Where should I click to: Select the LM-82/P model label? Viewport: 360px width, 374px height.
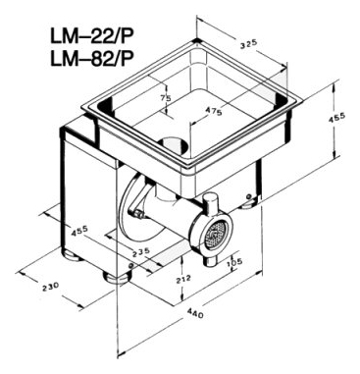pos(91,60)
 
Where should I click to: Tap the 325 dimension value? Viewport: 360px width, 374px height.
pos(249,44)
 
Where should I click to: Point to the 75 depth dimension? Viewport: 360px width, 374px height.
pos(166,97)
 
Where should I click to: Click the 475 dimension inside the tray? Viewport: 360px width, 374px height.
pos(214,111)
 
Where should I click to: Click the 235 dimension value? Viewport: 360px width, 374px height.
pos(141,253)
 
